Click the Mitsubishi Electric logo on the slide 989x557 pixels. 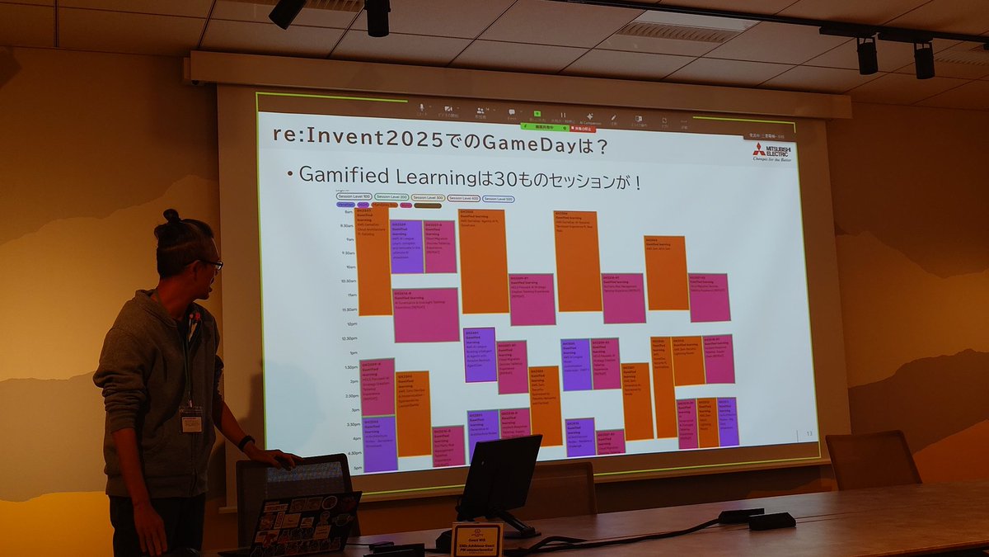[x=771, y=152]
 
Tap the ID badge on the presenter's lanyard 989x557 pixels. [x=191, y=419]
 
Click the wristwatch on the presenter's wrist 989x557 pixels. [x=246, y=442]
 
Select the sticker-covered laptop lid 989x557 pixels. [x=305, y=523]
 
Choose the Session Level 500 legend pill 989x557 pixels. [x=499, y=199]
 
